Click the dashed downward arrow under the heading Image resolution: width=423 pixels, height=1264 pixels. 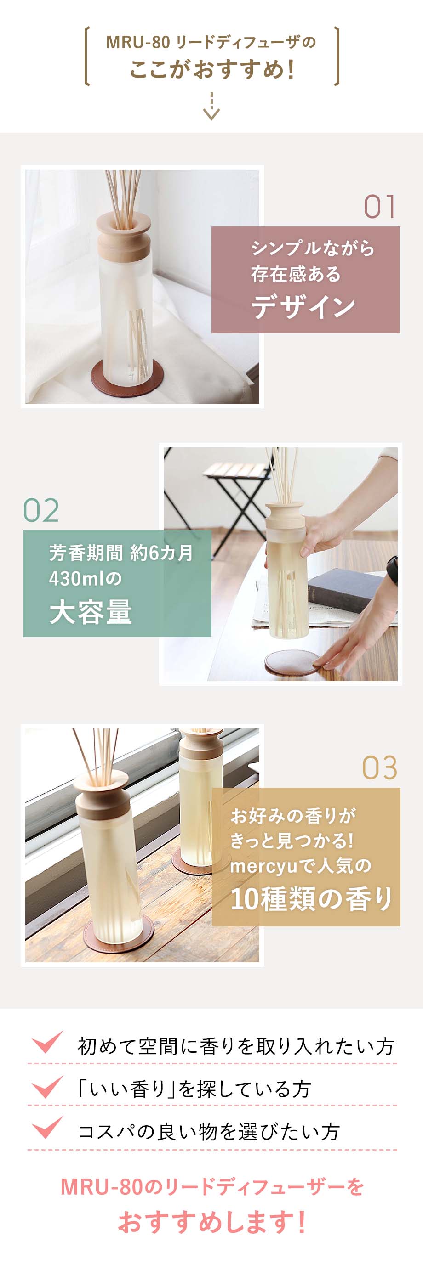211,107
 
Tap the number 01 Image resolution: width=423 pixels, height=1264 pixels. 379,207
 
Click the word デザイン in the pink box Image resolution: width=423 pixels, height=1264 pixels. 303,306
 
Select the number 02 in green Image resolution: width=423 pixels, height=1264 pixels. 41,510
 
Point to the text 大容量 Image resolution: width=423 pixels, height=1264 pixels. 91,612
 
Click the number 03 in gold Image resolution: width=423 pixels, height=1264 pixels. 379,768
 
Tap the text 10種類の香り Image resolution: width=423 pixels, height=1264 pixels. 311,899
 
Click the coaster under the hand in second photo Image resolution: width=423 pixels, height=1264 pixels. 289,662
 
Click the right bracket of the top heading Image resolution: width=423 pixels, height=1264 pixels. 337,56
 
